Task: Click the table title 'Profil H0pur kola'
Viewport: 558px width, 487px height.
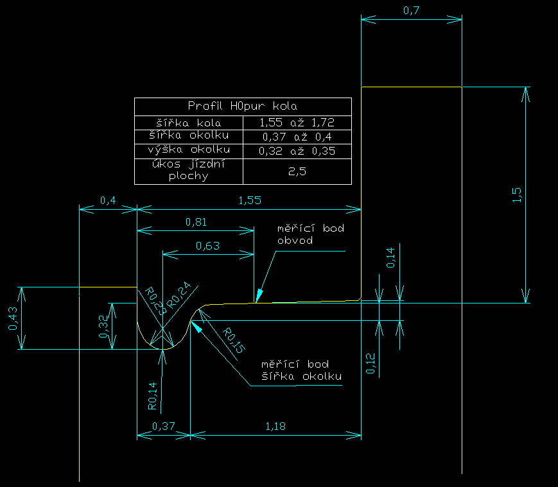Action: tap(243, 107)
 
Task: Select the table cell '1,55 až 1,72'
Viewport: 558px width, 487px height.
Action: tap(297, 122)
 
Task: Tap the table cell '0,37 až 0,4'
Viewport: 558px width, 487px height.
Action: tap(297, 136)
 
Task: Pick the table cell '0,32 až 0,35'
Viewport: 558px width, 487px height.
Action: tap(297, 151)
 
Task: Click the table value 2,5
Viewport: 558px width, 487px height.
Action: tap(297, 171)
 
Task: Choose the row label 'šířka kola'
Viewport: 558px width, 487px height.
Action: tap(189, 122)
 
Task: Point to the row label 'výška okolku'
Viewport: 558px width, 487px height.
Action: tap(189, 151)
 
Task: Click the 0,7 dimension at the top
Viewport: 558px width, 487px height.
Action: tap(411, 10)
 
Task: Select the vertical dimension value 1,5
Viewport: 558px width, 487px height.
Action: tap(518, 195)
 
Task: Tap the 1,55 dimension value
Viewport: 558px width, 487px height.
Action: tap(249, 201)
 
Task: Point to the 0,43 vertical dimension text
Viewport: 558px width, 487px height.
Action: tap(13, 318)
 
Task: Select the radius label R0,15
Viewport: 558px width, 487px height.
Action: tap(233, 340)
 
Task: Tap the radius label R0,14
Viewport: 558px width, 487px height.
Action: tap(152, 396)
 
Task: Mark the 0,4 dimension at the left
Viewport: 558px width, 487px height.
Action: tap(108, 201)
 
